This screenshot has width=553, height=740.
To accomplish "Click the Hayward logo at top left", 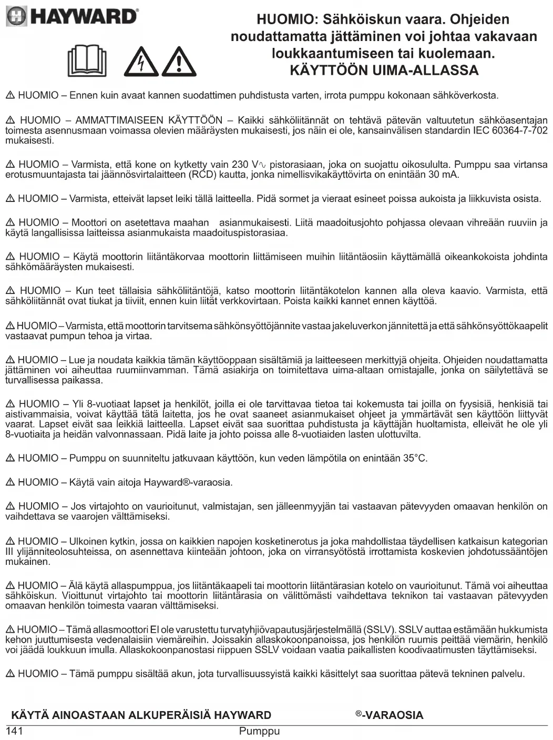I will tap(72, 17).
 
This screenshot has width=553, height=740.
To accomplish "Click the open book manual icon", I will tap(87, 61).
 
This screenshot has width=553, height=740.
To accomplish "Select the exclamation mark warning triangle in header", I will tap(179, 63).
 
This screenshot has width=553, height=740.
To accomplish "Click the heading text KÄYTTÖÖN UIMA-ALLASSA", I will tap(384, 70).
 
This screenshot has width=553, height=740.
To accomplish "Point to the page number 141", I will tap(15, 731).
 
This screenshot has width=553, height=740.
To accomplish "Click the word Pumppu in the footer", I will tap(259, 731).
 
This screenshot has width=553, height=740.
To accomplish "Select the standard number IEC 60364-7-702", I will tap(505, 130).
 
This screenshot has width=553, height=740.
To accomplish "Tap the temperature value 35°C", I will tap(415, 458).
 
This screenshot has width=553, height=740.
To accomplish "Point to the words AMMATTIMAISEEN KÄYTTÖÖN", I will tap(149, 120).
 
